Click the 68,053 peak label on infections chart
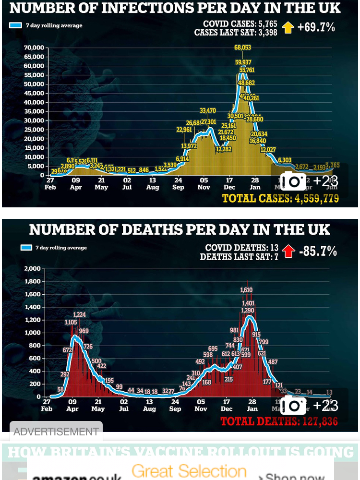tap(243, 48)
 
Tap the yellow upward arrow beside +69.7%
tap(288, 27)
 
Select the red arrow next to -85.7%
tap(288, 251)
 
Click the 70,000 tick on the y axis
tap(35, 48)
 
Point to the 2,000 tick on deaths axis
tap(33, 268)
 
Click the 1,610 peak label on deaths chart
tap(246, 290)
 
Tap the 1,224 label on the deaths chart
tap(80, 315)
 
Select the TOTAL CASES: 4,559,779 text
tap(281, 198)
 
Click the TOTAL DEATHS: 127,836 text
tap(279, 421)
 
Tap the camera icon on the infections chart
tap(293, 181)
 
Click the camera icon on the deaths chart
tap(293, 405)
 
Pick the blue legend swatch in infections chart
tap(15, 25)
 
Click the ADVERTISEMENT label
tap(56, 432)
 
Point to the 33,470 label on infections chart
tap(208, 111)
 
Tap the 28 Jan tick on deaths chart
tap(252, 406)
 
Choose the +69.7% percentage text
tap(316, 27)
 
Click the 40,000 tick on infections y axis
tap(35, 102)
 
